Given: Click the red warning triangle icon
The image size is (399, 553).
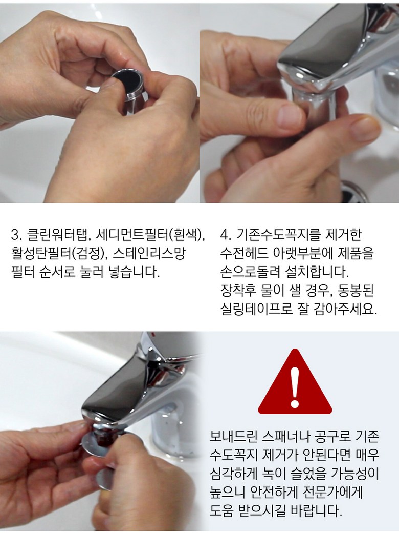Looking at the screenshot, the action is pyautogui.click(x=295, y=385).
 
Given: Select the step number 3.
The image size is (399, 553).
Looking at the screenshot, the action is pyautogui.click(x=15, y=235).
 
